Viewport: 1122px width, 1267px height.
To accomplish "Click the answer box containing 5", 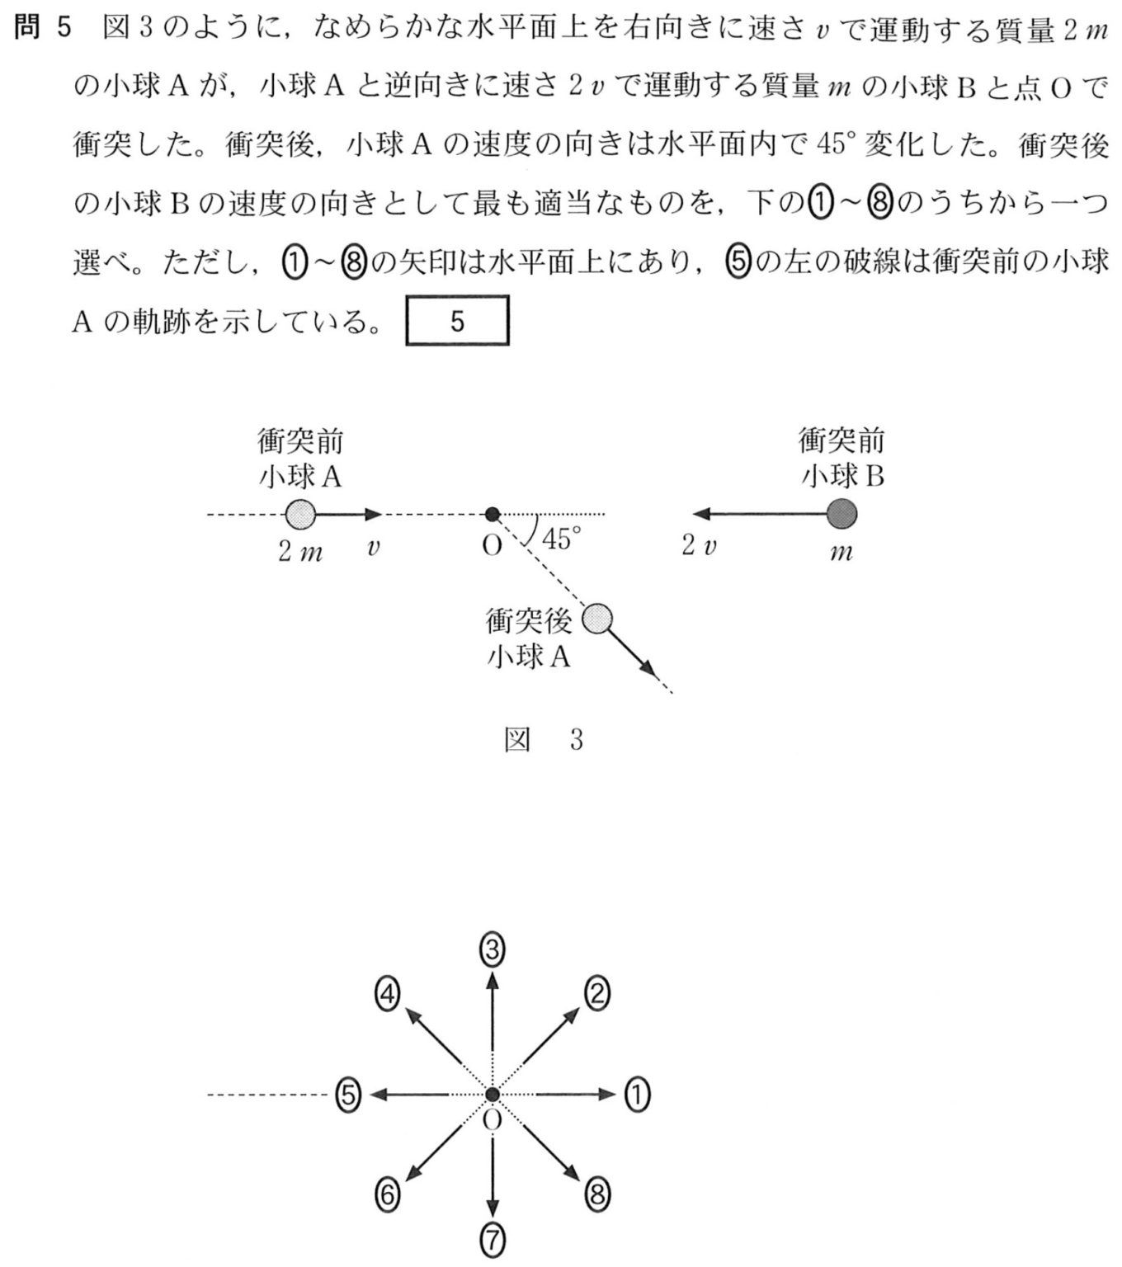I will tap(457, 321).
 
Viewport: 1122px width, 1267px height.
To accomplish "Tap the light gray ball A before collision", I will tap(300, 515).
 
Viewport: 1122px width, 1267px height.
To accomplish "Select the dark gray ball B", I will tap(841, 515).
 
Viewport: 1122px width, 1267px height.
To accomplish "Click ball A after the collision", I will tap(596, 619).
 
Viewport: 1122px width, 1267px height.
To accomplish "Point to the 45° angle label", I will tap(562, 539).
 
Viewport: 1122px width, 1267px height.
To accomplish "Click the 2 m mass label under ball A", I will tap(299, 552).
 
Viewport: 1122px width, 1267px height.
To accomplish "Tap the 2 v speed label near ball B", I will tap(699, 546).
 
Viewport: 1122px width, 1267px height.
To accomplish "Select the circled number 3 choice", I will tap(493, 951).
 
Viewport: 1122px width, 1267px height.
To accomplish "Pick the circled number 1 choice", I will tap(636, 1095).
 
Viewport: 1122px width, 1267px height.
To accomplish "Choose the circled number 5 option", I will tap(348, 1095).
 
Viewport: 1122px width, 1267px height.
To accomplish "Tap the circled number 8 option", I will tap(597, 1194).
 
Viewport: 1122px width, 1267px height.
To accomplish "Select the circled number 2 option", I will tap(596, 994).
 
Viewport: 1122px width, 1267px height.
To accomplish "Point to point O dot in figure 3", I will tap(492, 515).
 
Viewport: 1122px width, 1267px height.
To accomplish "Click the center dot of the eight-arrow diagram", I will tap(493, 1095).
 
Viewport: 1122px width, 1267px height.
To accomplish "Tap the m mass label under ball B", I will tap(841, 552).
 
